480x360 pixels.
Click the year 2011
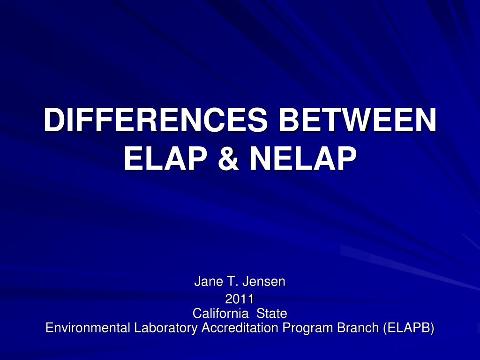point(240,299)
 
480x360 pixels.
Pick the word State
point(271,313)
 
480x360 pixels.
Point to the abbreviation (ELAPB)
point(409,328)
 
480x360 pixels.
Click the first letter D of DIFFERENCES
point(52,120)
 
